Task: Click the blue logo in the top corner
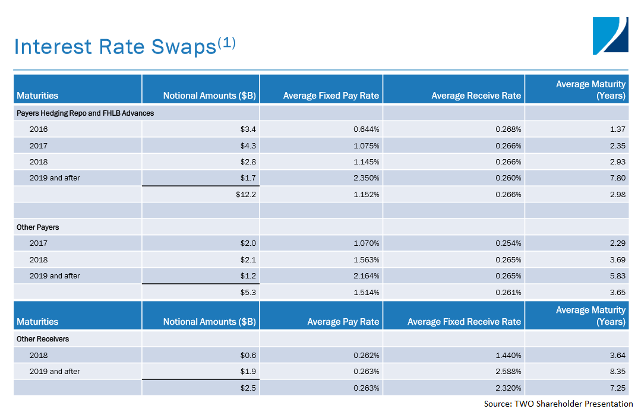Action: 610,36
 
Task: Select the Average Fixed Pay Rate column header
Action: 331,96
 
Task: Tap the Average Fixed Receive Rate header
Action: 464,322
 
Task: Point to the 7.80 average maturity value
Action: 617,178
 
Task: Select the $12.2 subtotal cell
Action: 246,194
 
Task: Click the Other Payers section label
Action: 38,227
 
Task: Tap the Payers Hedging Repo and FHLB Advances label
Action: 86,113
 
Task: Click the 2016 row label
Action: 39,129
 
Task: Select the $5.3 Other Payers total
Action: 248,292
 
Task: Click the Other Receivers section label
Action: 43,339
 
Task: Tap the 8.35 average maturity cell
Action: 617,372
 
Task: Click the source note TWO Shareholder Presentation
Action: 558,404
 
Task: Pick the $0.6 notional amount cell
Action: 248,356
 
